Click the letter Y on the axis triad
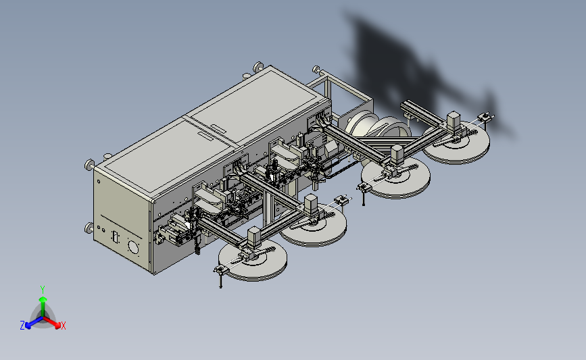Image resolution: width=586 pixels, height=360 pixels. tap(43, 290)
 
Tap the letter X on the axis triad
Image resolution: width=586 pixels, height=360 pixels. tap(63, 326)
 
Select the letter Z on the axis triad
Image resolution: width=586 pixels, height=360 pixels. tap(22, 326)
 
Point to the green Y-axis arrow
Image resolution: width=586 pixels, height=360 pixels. tap(43, 307)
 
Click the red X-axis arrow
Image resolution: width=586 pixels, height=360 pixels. tap(52, 322)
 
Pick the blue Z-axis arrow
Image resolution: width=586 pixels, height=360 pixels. tap(34, 322)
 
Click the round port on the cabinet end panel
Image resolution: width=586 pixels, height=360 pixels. tap(133, 247)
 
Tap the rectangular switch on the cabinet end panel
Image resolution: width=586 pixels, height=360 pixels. tap(115, 236)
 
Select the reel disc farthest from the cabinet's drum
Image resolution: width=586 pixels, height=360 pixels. tap(253, 259)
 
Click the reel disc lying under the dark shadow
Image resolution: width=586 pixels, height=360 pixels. tap(456, 143)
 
